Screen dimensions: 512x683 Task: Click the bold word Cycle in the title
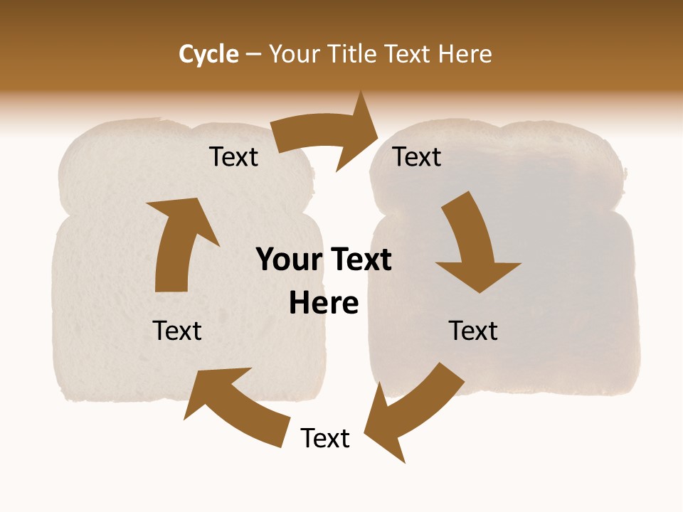[x=208, y=54]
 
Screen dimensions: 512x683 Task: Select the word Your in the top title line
[x=293, y=54]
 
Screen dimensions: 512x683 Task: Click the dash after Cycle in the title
[x=253, y=55]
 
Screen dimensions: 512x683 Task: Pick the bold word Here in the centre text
[x=324, y=303]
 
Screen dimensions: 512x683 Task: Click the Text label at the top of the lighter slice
[x=233, y=157]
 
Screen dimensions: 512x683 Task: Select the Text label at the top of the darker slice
[x=418, y=157]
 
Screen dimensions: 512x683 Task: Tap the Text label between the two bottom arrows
[x=325, y=439]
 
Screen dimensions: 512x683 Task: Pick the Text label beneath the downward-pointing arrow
[x=473, y=331]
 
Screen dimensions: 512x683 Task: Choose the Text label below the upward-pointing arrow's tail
[x=177, y=331]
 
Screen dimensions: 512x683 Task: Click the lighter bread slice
[x=107, y=313]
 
